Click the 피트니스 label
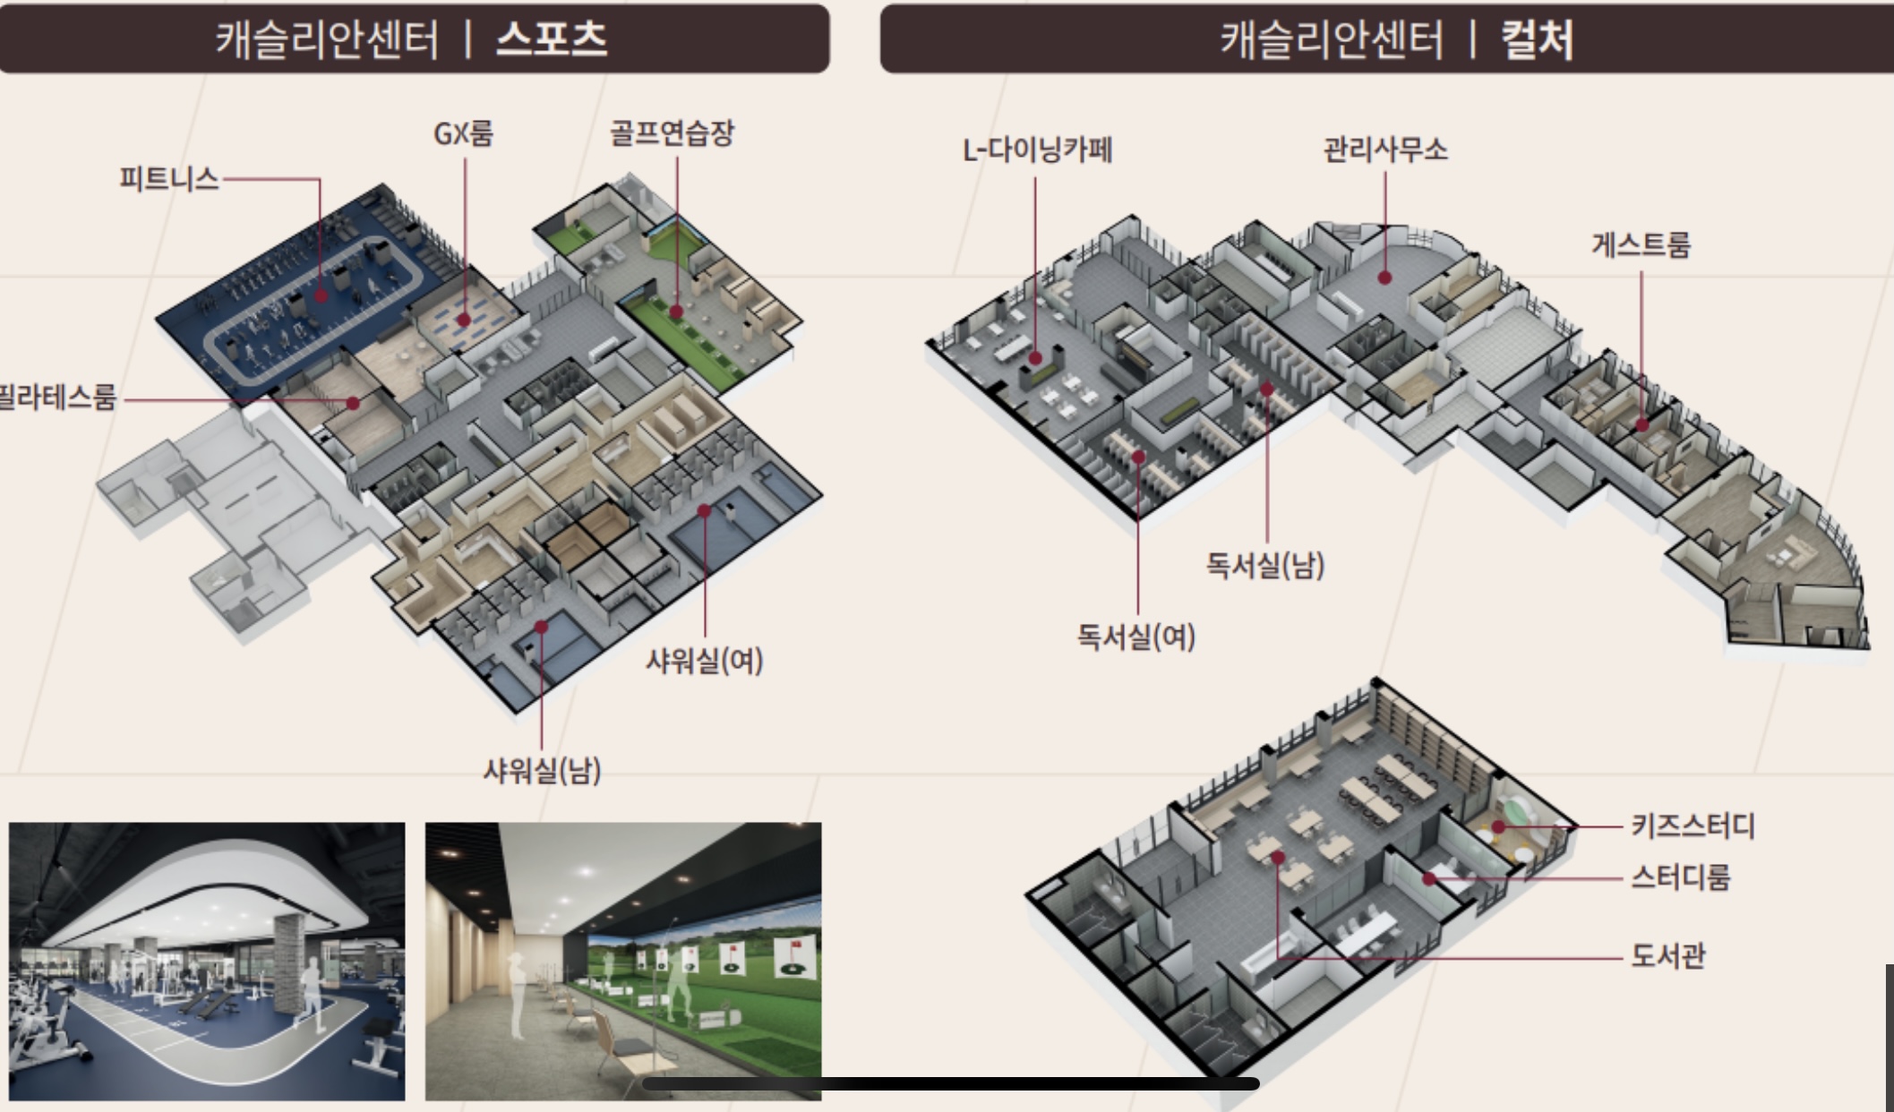click(168, 179)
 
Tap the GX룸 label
click(463, 134)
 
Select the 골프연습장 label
click(672, 133)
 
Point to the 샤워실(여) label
click(704, 662)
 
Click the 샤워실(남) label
click(542, 770)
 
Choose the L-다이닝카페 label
click(1037, 150)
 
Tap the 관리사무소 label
click(1384, 150)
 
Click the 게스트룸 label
click(1641, 244)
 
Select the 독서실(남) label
click(1264, 565)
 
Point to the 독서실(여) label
click(1136, 637)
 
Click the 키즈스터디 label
click(1692, 825)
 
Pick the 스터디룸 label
click(1679, 877)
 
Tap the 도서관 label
click(1667, 956)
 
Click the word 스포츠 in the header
click(552, 39)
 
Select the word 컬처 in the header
click(1537, 40)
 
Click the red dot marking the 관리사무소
click(1384, 278)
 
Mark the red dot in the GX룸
click(464, 320)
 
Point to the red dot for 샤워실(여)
click(704, 511)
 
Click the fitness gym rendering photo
click(207, 961)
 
